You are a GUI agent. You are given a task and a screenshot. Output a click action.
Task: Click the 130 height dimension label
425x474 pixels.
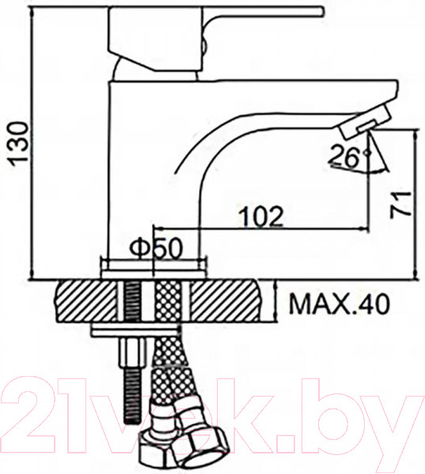click(19, 144)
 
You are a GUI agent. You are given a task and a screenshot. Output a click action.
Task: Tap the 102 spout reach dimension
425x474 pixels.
click(261, 216)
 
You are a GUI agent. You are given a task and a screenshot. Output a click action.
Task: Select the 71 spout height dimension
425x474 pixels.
click(400, 204)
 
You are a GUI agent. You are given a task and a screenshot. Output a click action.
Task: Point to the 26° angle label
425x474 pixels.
click(349, 156)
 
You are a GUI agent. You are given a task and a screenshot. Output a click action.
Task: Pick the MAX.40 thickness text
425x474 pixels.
click(339, 304)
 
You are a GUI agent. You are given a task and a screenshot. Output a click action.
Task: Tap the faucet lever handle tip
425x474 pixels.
click(321, 11)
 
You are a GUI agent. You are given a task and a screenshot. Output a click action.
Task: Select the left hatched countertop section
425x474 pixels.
click(86, 301)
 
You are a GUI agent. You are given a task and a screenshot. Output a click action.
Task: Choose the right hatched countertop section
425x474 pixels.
click(226, 301)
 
